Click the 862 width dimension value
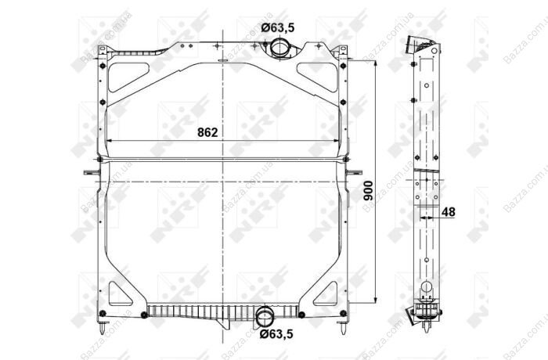pos(207,132)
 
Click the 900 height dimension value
pos(369,191)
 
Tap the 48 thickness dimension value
pos(449,212)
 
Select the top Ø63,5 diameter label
pos(278,27)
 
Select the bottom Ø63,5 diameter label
pos(276,334)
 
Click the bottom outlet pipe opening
pos(265,317)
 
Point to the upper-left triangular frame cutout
pos(128,76)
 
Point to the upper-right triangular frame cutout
pos(318,76)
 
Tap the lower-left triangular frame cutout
pos(119,295)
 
